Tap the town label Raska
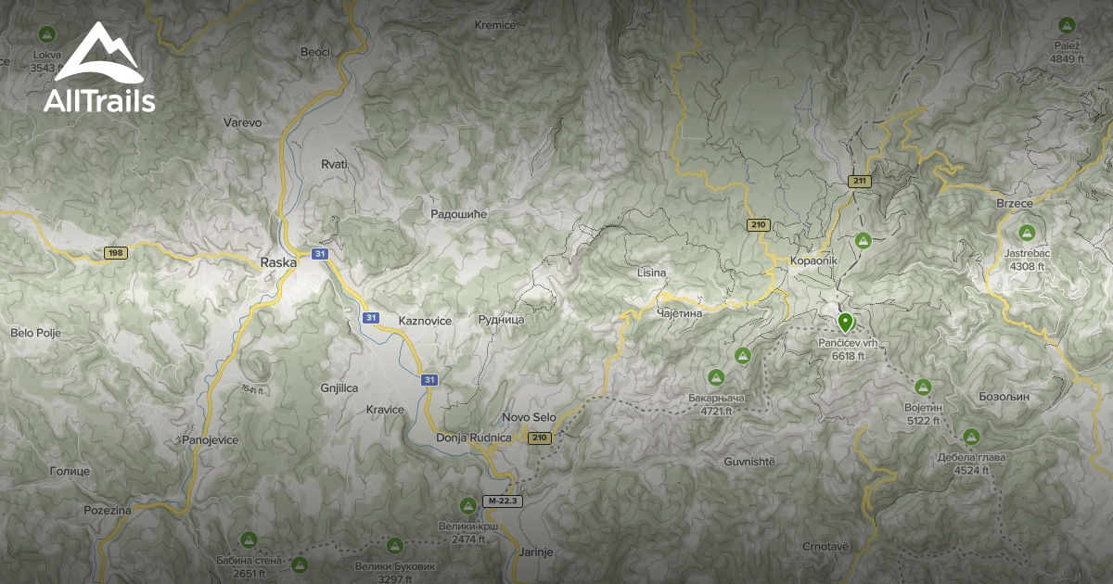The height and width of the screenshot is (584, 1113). coord(278,262)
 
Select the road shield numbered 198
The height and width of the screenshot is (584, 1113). coord(115,253)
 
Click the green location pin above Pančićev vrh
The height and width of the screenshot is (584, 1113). coord(845,322)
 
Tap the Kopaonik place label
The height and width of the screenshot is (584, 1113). coord(814,260)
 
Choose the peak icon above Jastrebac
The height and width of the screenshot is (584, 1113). coord(1026,233)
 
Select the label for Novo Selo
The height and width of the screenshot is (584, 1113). coord(529,417)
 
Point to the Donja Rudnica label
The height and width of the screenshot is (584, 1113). coord(473,438)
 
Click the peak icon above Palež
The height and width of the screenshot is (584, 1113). coord(1066,28)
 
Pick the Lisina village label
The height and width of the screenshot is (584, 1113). coord(652,273)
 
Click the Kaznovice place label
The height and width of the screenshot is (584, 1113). coord(424,320)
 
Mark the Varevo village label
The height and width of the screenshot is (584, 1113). coord(243,122)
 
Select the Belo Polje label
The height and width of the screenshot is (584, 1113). coord(34,332)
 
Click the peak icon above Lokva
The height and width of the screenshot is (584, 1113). coord(45,35)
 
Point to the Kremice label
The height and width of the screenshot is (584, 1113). coord(494,25)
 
